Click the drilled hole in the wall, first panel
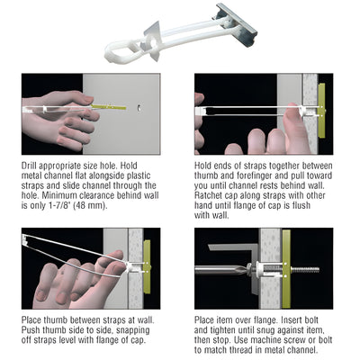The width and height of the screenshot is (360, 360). point(139,112)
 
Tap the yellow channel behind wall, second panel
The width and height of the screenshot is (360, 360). point(321,110)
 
